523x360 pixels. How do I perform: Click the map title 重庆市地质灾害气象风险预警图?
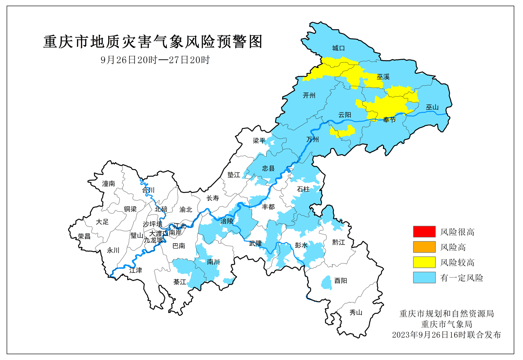[153, 42]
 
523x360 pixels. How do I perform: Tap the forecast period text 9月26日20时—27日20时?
[155, 60]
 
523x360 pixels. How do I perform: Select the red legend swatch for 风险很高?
[424, 232]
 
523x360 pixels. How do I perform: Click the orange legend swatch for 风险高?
[424, 247]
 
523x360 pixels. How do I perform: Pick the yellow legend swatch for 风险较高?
[424, 262]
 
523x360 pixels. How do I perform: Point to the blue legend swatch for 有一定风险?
[424, 278]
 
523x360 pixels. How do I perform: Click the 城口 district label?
[338, 48]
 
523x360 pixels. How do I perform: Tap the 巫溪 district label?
[383, 77]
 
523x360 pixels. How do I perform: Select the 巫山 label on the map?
[432, 107]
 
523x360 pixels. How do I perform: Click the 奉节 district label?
[389, 120]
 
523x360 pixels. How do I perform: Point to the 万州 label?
[313, 140]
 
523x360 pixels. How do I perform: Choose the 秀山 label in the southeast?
[356, 313]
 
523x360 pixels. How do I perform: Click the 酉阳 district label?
[341, 281]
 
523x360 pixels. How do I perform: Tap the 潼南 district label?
[108, 184]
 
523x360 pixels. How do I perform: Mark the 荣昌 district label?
[84, 236]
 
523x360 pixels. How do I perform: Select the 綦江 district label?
[179, 282]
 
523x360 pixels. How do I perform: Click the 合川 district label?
[148, 190]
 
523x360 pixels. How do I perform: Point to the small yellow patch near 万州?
[343, 131]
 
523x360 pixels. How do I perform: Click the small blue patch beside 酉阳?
[326, 283]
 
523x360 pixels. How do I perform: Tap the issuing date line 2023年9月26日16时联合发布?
[446, 335]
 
